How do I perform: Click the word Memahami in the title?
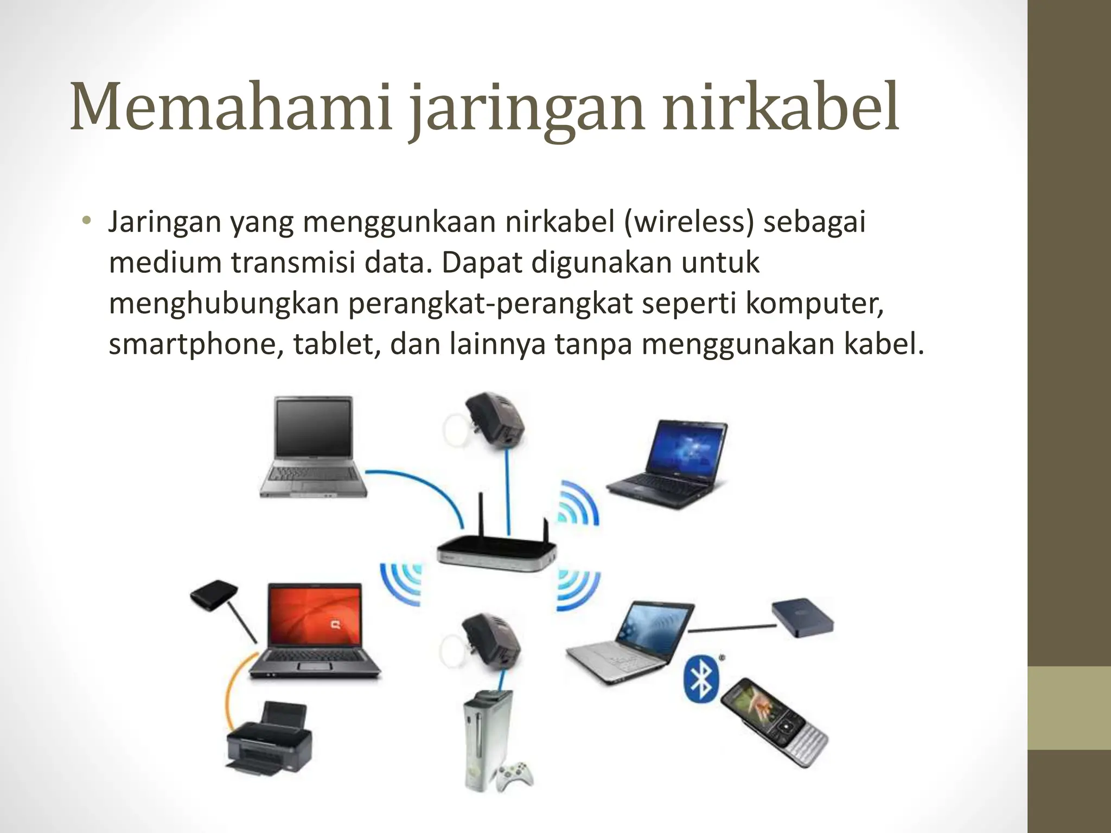click(231, 107)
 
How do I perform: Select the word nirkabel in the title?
click(781, 107)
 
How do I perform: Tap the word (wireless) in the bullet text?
click(689, 222)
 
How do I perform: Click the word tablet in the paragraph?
click(336, 344)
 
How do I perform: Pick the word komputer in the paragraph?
click(814, 304)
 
